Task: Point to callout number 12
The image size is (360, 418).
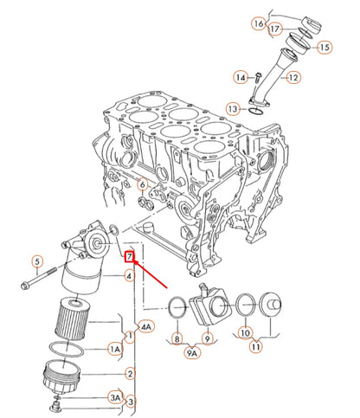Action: tap(293, 77)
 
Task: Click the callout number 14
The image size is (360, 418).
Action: tap(241, 78)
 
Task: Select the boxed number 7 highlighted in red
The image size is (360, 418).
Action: tap(130, 257)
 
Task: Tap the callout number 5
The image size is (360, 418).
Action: tap(37, 260)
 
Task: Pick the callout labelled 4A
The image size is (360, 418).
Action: tap(146, 326)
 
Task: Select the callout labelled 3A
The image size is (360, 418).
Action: tap(114, 396)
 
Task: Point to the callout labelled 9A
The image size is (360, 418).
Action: tap(190, 352)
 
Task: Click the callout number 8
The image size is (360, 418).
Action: tap(177, 339)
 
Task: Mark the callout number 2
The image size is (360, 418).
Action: tap(130, 374)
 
